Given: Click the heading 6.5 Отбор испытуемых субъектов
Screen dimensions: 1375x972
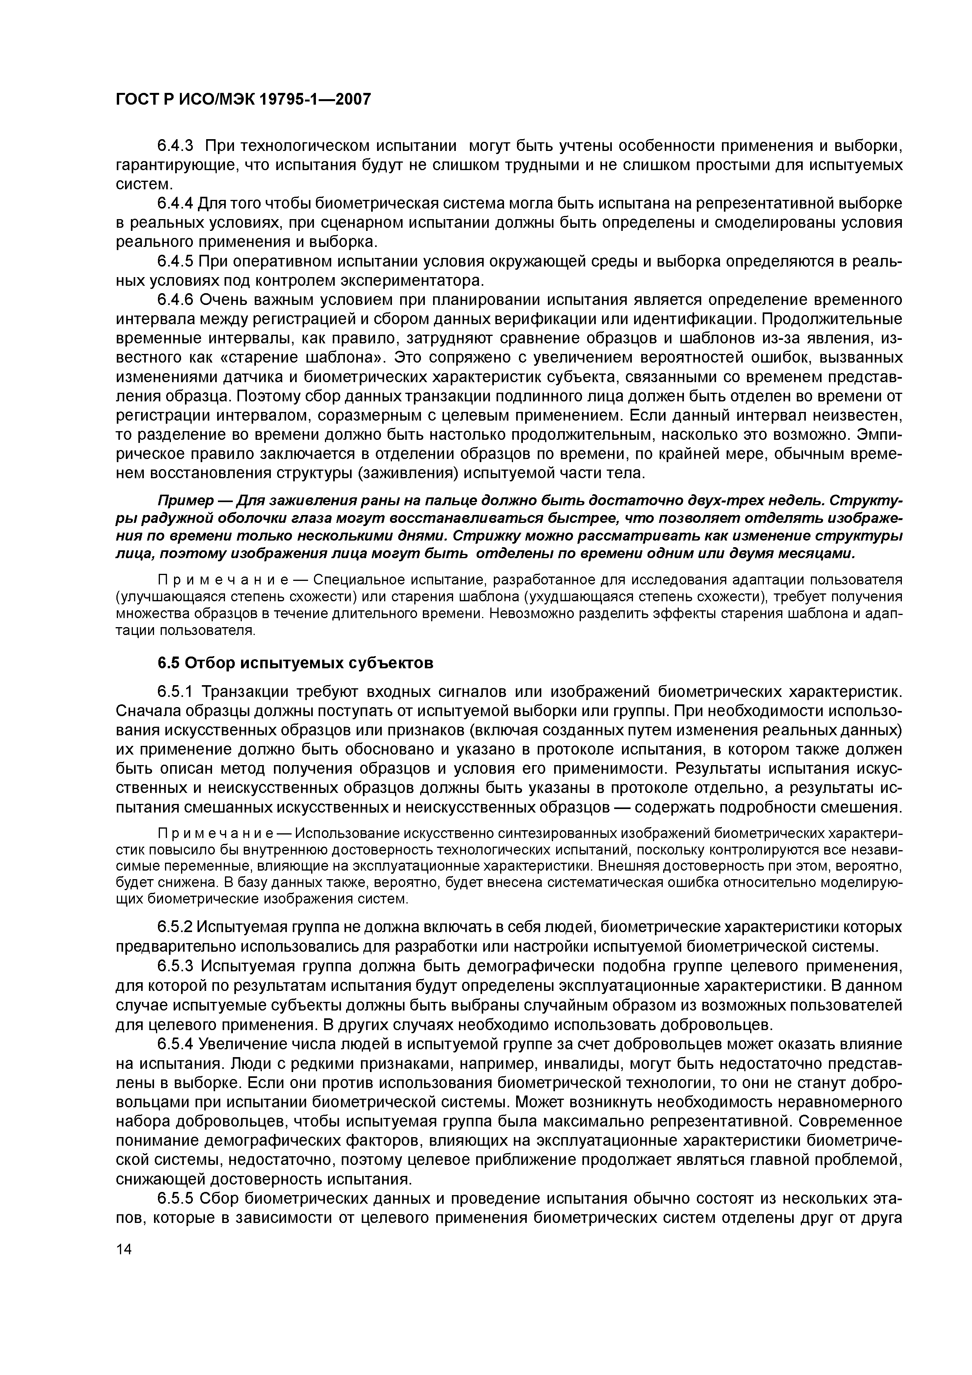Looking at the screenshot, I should click(x=295, y=663).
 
